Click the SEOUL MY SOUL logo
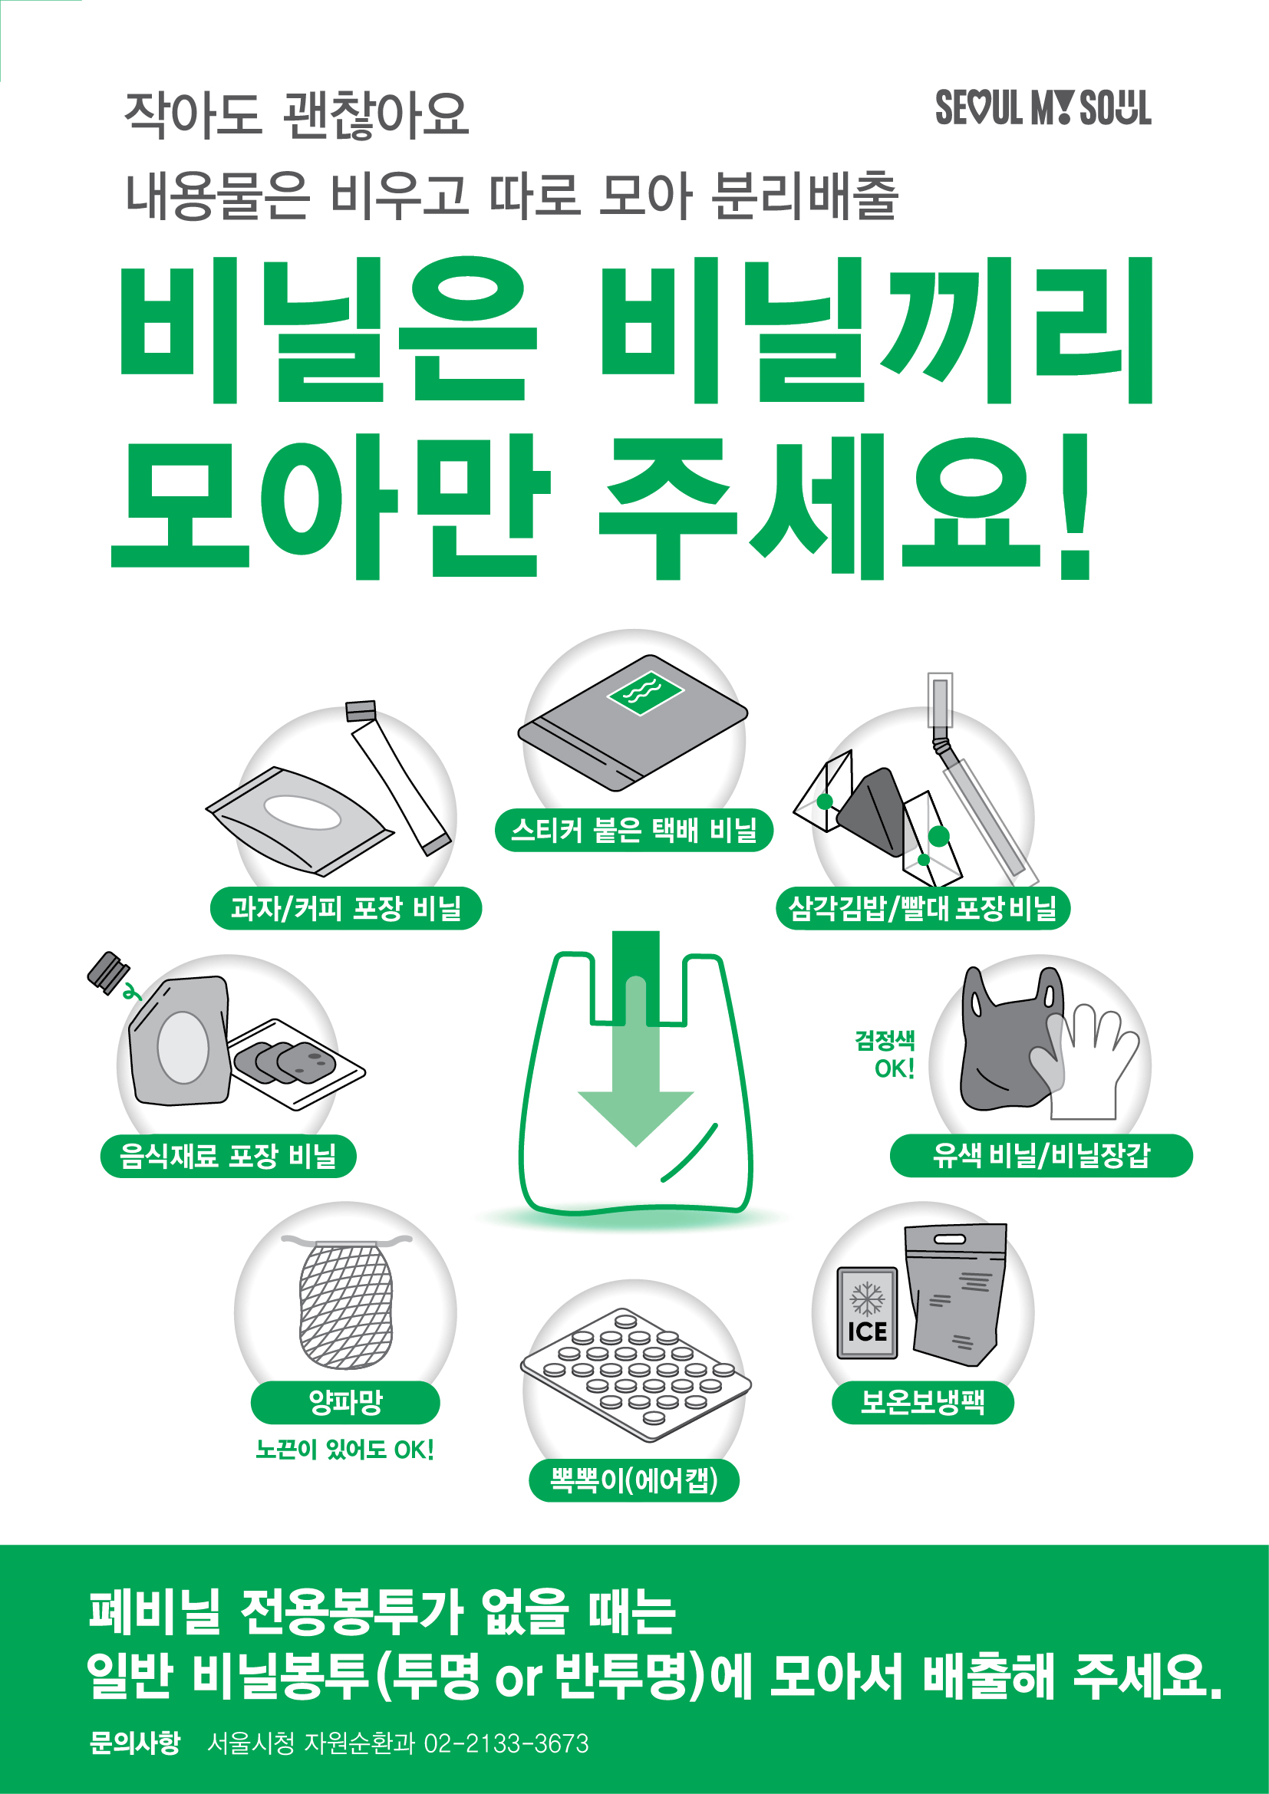click(x=1043, y=108)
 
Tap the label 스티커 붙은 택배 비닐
click(x=634, y=830)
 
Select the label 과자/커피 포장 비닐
click(x=345, y=908)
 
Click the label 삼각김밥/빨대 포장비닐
click(x=923, y=908)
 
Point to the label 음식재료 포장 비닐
click(x=228, y=1156)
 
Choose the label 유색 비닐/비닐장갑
click(x=1041, y=1155)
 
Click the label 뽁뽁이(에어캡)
click(x=634, y=1480)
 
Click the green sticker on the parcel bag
click(x=645, y=692)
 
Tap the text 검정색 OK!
click(x=885, y=1054)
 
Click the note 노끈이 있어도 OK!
click(x=344, y=1450)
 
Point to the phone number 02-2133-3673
click(x=506, y=1743)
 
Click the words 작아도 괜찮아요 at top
click(x=297, y=116)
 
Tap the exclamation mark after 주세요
click(x=1076, y=508)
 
